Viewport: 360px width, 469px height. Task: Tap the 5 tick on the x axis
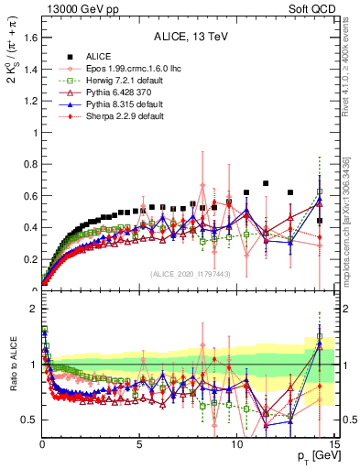coord(139,444)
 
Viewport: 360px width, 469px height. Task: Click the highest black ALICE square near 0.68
coord(266,183)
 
